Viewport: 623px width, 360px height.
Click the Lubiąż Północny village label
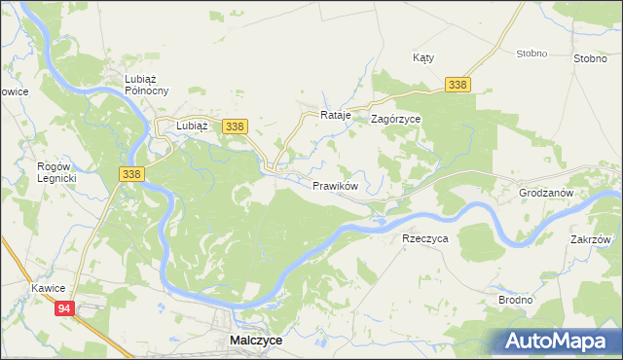click(x=147, y=85)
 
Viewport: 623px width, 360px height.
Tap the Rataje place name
click(x=335, y=116)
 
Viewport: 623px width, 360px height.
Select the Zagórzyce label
click(x=395, y=119)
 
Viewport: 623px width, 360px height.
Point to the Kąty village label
click(x=423, y=57)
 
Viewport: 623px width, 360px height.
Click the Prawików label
click(x=336, y=185)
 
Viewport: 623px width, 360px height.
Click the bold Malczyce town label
click(x=256, y=341)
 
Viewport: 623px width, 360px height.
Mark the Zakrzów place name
click(x=591, y=239)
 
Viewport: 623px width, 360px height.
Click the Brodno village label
click(x=515, y=300)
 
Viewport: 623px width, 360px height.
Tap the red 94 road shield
click(x=64, y=308)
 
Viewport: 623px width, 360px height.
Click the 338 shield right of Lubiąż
click(x=235, y=126)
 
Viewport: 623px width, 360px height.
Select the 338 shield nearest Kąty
click(x=459, y=86)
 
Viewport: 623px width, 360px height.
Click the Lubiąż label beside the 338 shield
click(x=192, y=126)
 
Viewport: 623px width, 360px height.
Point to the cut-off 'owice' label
click(x=15, y=91)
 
